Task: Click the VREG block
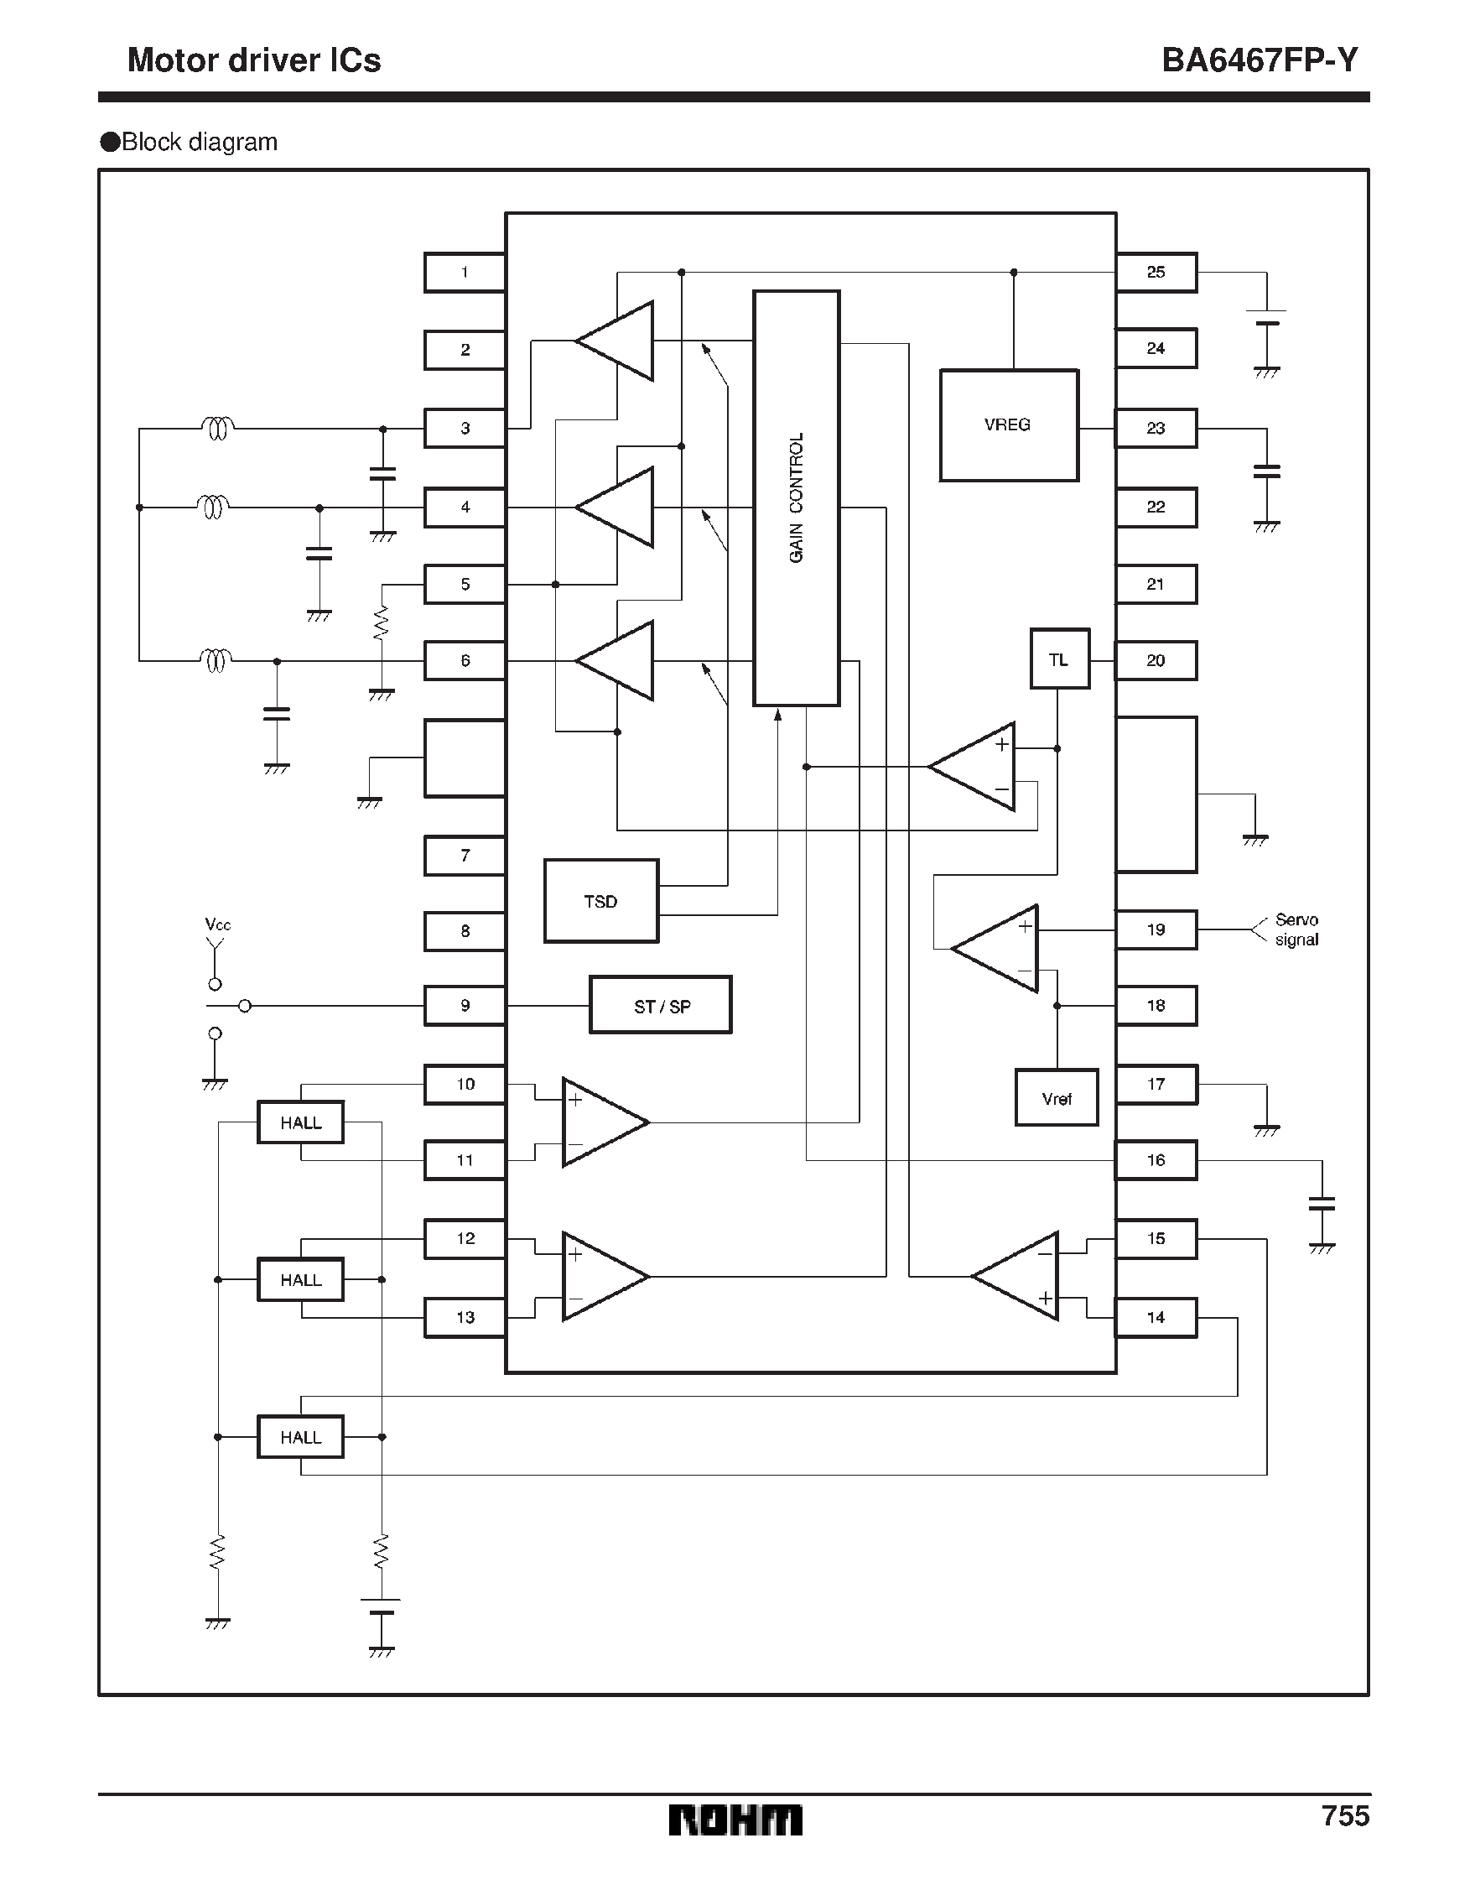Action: pos(1008,425)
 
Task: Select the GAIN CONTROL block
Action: pos(796,497)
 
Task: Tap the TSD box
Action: pos(600,901)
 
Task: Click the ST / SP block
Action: pos(660,1006)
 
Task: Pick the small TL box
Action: pos(1059,659)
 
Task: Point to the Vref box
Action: pos(1056,1098)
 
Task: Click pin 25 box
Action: pos(1156,273)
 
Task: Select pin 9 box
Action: pos(465,1006)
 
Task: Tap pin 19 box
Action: pos(1156,930)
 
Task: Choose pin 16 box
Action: pos(1156,1160)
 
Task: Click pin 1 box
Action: pos(465,273)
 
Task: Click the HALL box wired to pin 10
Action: pos(300,1122)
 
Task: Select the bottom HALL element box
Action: pos(300,1436)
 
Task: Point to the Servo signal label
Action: pos(1296,930)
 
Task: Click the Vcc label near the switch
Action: pos(217,924)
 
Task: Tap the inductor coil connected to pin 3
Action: pos(217,428)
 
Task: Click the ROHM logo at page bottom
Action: pos(735,1820)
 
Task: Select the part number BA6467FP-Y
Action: pos(1259,60)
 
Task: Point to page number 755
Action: pos(1344,1815)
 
